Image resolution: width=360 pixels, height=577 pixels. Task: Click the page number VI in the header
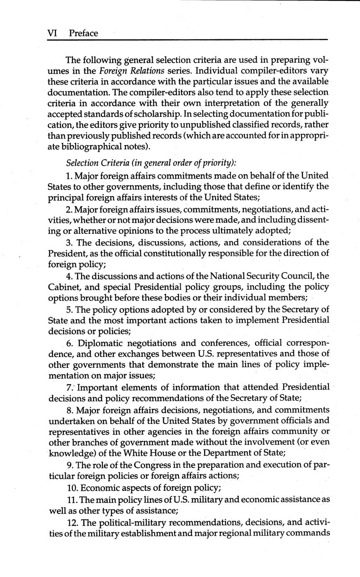click(51, 33)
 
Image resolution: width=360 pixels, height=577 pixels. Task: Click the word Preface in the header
click(84, 33)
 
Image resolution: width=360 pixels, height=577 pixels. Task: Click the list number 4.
click(68, 276)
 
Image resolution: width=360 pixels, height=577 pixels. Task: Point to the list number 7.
click(69, 387)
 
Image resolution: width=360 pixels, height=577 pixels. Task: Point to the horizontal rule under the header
click(187, 40)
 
